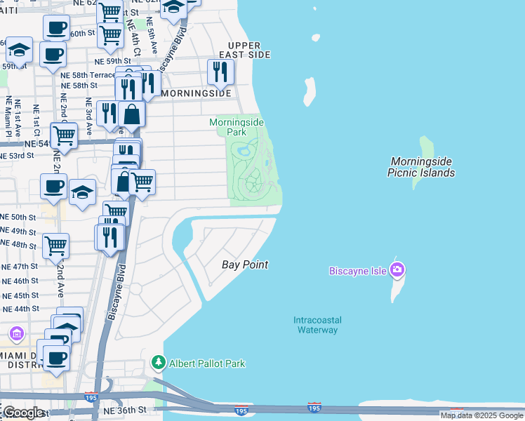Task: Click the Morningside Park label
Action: pyautogui.click(x=237, y=127)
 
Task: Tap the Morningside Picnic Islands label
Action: pyautogui.click(x=423, y=167)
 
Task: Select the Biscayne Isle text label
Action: pyautogui.click(x=359, y=271)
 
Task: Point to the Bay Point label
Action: pyautogui.click(x=245, y=265)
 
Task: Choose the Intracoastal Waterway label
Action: pyautogui.click(x=315, y=325)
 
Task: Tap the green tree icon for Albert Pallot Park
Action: pyautogui.click(x=159, y=363)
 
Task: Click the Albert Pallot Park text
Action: pyautogui.click(x=207, y=363)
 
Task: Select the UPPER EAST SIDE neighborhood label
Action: pyautogui.click(x=244, y=49)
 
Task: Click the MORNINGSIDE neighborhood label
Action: pyautogui.click(x=196, y=93)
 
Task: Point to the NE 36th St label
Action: pyautogui.click(x=126, y=410)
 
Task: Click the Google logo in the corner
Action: pyautogui.click(x=22, y=412)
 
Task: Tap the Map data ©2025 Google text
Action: pyautogui.click(x=481, y=415)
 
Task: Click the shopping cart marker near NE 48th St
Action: pyautogui.click(x=55, y=246)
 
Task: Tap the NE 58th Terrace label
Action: pyautogui.click(x=87, y=74)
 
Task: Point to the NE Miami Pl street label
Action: pyautogui.click(x=10, y=118)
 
